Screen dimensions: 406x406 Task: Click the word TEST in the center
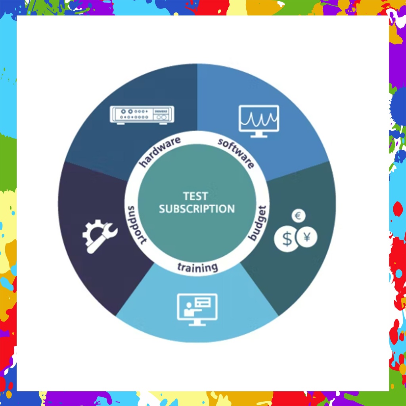pyautogui.click(x=195, y=196)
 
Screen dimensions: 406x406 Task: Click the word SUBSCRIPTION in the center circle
pyautogui.click(x=197, y=209)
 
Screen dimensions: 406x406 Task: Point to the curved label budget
pyautogui.click(x=258, y=222)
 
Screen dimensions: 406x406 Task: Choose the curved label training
pyautogui.click(x=197, y=267)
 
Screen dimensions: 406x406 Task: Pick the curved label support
pyautogui.click(x=136, y=224)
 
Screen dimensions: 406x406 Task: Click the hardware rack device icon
pyautogui.click(x=142, y=115)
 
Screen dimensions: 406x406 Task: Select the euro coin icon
pyautogui.click(x=298, y=216)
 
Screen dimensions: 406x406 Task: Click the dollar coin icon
pyautogui.click(x=287, y=239)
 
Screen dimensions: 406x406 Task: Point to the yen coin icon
pyautogui.click(x=306, y=237)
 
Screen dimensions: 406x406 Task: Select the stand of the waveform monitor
pyautogui.click(x=259, y=134)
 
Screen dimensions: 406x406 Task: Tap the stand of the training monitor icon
pyautogui.click(x=197, y=323)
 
